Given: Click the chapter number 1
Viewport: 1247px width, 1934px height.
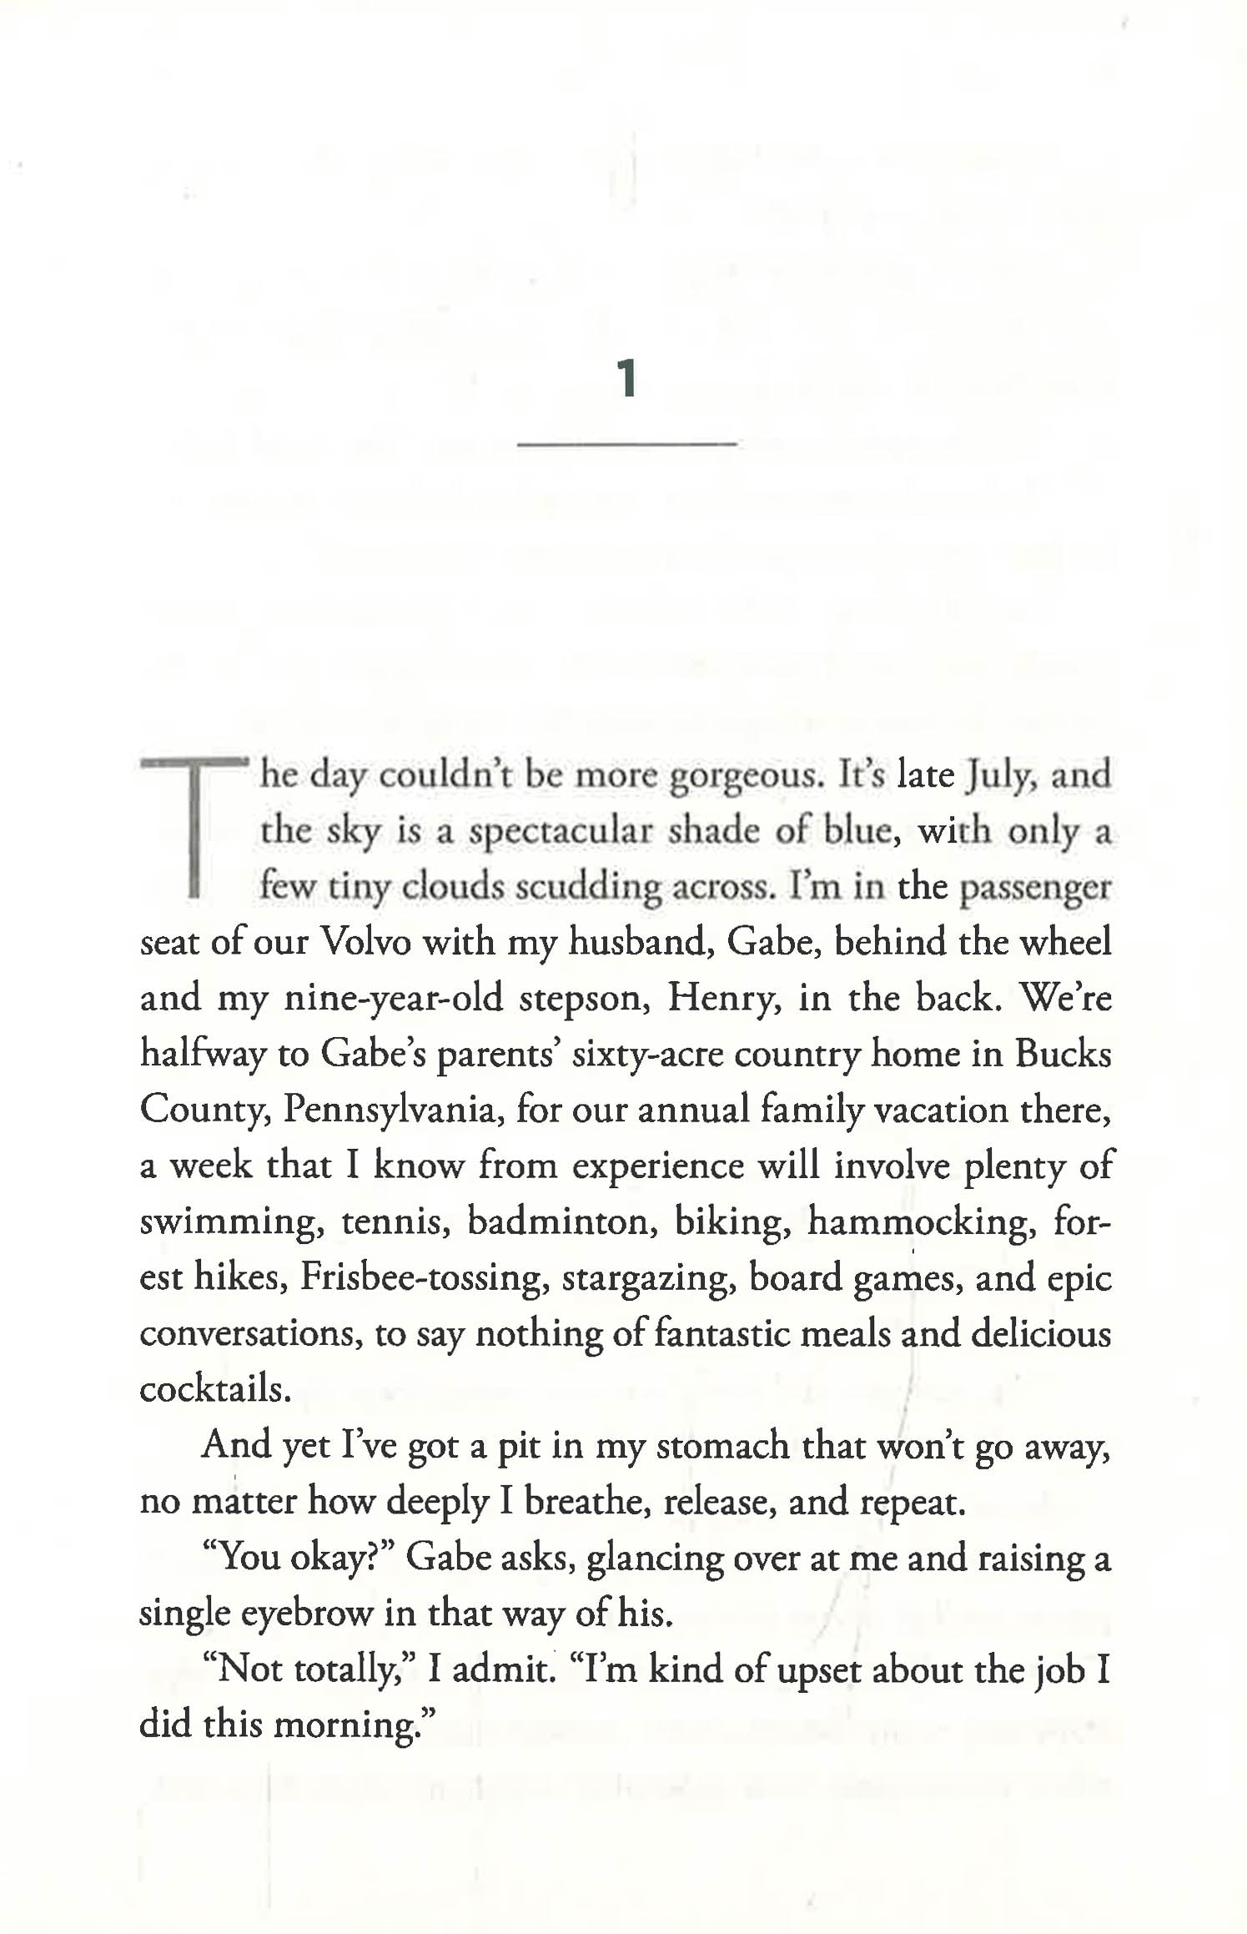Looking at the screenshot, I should tap(626, 380).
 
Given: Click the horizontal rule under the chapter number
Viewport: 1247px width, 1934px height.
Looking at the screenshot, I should tap(626, 443).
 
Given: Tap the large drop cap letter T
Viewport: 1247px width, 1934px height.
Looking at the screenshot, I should tap(194, 826).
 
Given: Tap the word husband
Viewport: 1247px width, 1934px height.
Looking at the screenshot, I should tap(640, 943).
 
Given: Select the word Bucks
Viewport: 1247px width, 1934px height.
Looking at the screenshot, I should tap(1063, 1055).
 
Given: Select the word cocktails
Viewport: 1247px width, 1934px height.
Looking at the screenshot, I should tap(215, 1389).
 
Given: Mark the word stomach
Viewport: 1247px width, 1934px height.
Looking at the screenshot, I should tap(723, 1446).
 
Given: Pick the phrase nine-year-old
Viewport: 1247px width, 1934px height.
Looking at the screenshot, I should tap(394, 999).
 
